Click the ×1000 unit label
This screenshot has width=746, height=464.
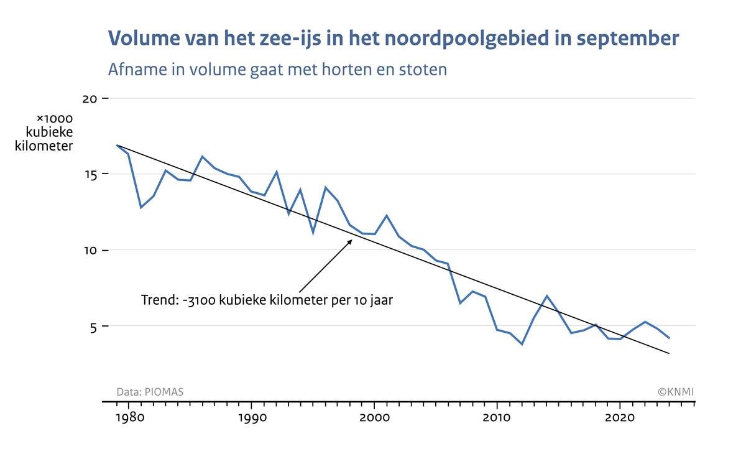coord(55,118)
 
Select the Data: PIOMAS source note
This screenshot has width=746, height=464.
coord(150,392)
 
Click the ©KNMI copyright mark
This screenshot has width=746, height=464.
coord(676,392)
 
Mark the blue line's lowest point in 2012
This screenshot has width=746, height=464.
coord(522,344)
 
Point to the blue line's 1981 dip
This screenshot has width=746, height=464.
coord(141,207)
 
